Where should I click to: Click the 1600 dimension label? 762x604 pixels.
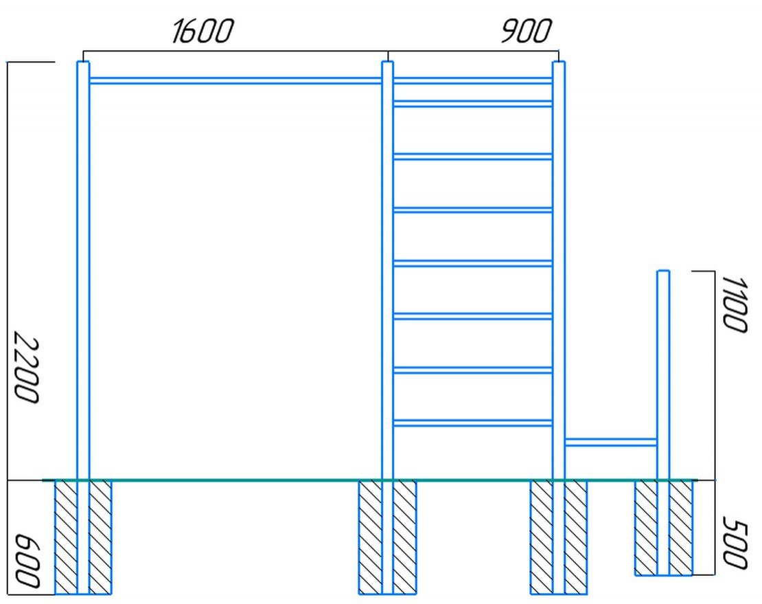click(x=203, y=31)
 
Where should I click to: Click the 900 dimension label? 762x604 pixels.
click(x=527, y=31)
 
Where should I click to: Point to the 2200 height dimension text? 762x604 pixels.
click(x=26, y=368)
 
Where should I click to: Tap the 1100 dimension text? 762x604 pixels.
click(x=734, y=305)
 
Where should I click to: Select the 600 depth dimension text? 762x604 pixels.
click(x=27, y=561)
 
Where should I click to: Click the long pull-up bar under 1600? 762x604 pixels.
click(x=235, y=80)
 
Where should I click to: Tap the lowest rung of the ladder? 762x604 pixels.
click(x=472, y=423)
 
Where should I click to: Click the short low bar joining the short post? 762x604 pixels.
click(x=610, y=442)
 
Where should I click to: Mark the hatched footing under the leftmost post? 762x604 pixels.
click(x=83, y=537)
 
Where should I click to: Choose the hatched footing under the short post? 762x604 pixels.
click(x=663, y=528)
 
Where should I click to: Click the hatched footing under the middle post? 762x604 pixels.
click(x=387, y=537)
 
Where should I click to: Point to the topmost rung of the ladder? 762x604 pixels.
click(x=472, y=80)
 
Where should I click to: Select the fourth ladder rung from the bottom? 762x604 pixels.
click(x=472, y=263)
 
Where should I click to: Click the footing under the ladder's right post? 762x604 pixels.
click(x=558, y=537)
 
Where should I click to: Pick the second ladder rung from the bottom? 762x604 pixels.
click(x=472, y=370)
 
